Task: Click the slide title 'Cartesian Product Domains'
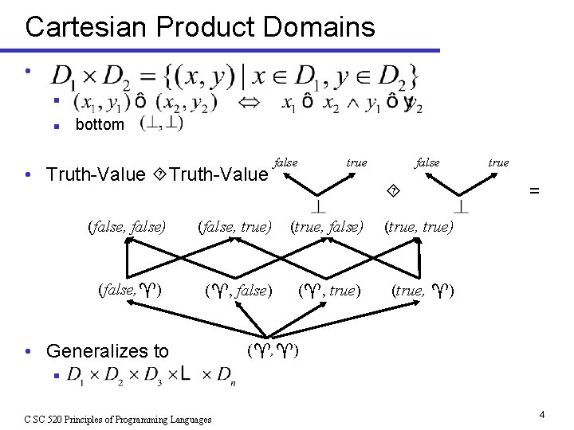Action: [199, 27]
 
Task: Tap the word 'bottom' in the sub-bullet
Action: [99, 124]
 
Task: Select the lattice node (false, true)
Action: [234, 228]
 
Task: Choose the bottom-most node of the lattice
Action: [273, 350]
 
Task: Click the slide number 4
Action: [541, 414]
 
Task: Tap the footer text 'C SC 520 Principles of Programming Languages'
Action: [117, 419]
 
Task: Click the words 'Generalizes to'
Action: [107, 351]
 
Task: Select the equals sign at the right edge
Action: [534, 190]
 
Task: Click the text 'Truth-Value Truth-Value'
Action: [157, 174]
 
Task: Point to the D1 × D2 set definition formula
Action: [235, 77]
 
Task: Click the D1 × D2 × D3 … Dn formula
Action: [151, 374]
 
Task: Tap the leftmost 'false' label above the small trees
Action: [285, 162]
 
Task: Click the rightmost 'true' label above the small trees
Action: [498, 162]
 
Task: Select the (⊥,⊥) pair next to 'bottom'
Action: [161, 123]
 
